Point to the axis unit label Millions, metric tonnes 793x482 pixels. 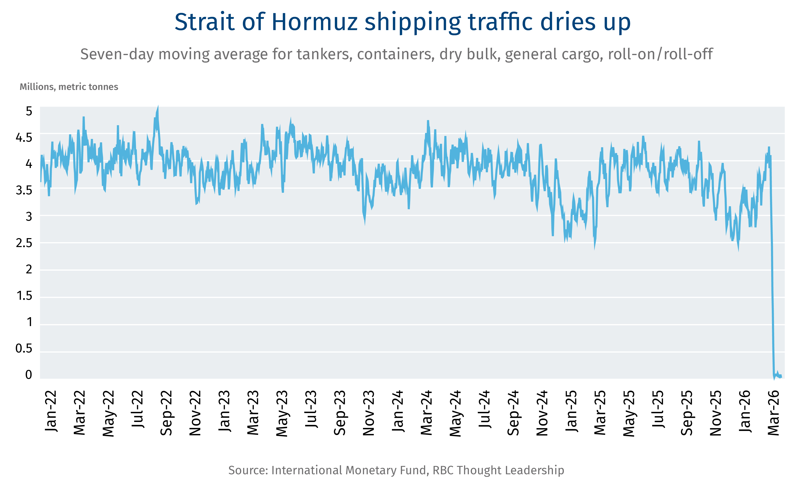click(69, 87)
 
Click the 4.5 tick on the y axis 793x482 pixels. click(24, 138)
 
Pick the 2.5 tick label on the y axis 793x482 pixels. click(24, 243)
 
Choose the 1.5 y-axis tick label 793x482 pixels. click(24, 296)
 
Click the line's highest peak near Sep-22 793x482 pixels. click(158, 106)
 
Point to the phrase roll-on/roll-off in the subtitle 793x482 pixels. click(660, 54)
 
